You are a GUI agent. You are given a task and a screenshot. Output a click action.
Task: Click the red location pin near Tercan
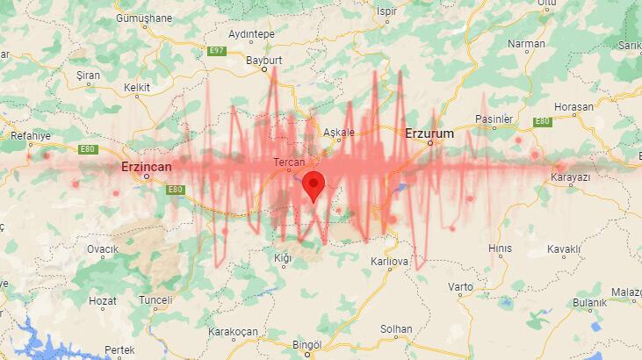click(x=314, y=185)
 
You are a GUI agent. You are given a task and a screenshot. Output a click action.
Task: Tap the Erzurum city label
click(x=429, y=133)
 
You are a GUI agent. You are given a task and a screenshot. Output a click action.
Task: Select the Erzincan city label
click(x=146, y=165)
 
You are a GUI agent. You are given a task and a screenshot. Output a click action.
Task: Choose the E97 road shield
click(x=217, y=51)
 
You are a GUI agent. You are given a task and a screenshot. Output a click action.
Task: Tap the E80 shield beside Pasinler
click(x=541, y=121)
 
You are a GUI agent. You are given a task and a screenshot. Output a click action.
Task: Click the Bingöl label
click(x=307, y=343)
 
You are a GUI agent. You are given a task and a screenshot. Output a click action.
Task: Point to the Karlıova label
click(x=390, y=262)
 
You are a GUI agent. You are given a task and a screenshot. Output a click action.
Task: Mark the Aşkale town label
click(x=339, y=133)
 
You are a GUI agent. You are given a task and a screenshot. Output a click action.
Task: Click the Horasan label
click(x=574, y=106)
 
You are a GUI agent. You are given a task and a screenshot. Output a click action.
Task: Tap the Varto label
click(x=460, y=287)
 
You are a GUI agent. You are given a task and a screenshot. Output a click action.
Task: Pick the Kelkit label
click(x=137, y=88)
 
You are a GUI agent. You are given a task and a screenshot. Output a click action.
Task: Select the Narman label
click(x=527, y=43)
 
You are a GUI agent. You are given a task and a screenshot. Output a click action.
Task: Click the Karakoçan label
click(x=233, y=331)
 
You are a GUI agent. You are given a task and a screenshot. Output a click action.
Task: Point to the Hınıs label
click(x=500, y=248)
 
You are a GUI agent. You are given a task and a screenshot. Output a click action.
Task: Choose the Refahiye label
click(x=31, y=135)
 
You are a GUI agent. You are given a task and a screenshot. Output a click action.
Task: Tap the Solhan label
click(x=396, y=329)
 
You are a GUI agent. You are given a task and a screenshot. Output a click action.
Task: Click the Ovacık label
click(x=102, y=249)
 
